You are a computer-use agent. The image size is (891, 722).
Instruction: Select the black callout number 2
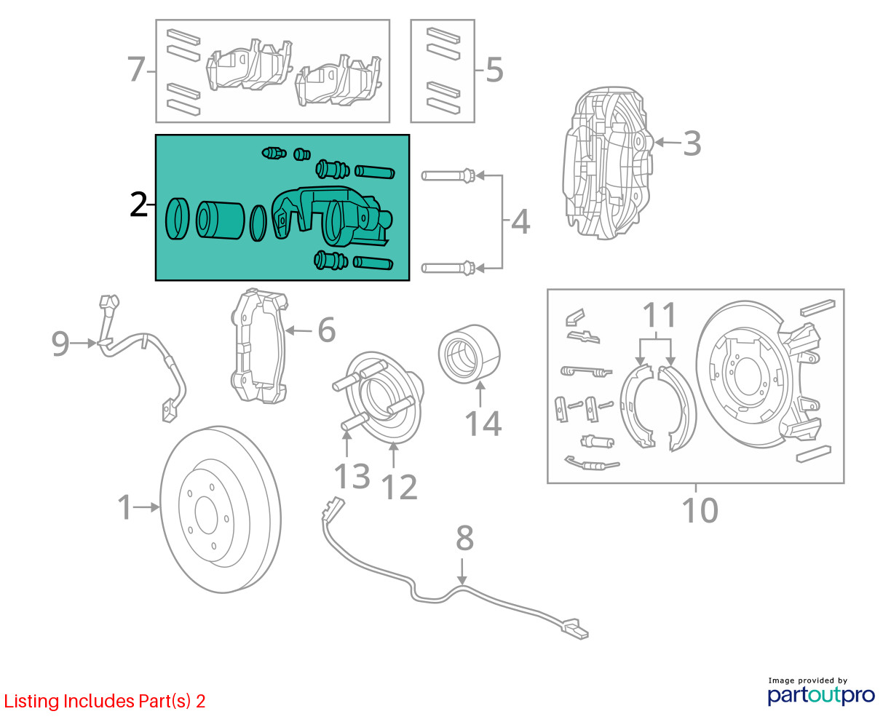138,205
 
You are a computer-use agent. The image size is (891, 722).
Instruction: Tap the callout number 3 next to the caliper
692,143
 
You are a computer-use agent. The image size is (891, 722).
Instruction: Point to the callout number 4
520,222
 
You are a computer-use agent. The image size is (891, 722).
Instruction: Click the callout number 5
494,71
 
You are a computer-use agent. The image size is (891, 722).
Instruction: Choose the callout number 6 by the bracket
326,330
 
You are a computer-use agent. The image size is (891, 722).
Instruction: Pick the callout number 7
136,71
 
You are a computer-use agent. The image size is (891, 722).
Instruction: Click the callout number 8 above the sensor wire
464,539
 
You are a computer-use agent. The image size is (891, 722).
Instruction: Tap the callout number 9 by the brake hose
60,343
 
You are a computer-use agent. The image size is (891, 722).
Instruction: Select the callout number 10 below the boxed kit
700,511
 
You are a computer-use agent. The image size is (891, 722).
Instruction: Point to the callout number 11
660,317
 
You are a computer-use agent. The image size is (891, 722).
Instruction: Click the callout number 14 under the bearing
483,424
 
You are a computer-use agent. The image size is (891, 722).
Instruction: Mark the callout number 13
352,477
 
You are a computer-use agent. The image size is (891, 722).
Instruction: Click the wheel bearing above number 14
470,354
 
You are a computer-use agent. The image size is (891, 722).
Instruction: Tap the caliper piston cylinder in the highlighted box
220,220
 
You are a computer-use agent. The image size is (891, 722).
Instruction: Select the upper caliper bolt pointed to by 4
448,175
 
